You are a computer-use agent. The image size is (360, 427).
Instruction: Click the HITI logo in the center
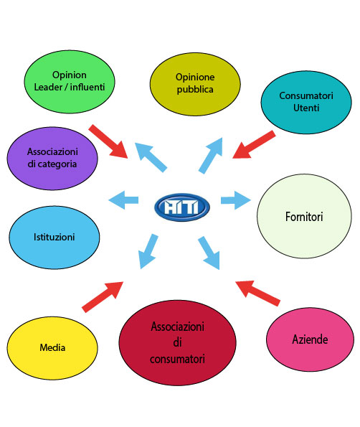(181, 207)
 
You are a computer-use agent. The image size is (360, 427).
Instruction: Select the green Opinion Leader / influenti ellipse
(70, 82)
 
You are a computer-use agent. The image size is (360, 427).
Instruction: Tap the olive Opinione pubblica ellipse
(195, 84)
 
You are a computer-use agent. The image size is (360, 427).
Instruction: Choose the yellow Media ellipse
(52, 348)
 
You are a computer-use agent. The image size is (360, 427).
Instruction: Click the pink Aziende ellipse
(310, 339)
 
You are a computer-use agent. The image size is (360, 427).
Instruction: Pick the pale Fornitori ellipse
(304, 216)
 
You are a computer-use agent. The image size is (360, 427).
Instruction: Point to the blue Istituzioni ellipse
(55, 238)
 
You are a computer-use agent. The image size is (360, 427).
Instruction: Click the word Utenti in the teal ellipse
(306, 108)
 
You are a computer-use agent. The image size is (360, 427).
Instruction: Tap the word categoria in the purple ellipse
(57, 164)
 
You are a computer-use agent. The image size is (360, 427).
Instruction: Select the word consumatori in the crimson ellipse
(177, 359)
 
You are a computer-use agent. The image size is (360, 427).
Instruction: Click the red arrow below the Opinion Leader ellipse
(108, 141)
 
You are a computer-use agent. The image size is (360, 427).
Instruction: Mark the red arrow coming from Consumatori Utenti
(254, 144)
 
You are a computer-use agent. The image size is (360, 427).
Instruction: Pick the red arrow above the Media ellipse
(103, 297)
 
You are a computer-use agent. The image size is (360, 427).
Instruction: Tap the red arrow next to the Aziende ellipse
(257, 294)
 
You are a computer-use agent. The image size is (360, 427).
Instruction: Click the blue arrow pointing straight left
(123, 200)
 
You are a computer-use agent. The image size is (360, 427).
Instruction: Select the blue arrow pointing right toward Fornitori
(236, 200)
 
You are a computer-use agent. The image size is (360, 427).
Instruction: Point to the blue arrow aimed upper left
(151, 157)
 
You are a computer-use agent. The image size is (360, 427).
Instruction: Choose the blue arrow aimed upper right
(211, 156)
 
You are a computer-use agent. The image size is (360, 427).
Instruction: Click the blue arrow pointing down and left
(148, 251)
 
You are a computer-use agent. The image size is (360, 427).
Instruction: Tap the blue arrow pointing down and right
(209, 253)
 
